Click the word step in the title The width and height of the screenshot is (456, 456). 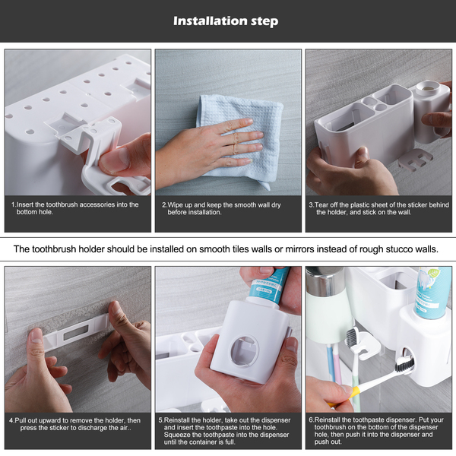tap(264, 21)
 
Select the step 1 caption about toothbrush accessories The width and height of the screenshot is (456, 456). tap(75, 208)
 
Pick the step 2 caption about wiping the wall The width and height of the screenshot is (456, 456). tap(222, 208)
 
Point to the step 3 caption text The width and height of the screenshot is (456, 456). tap(379, 208)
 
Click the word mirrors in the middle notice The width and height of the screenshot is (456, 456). tap(299, 249)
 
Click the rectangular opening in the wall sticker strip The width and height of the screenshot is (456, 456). tap(76, 332)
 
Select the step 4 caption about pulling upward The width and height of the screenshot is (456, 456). tap(75, 424)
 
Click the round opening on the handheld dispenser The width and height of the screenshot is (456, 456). tap(244, 351)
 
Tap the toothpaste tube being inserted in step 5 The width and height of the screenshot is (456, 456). tap(268, 287)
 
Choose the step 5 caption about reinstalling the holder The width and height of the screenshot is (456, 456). tap(224, 431)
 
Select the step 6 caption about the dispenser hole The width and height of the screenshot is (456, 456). tap(376, 431)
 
